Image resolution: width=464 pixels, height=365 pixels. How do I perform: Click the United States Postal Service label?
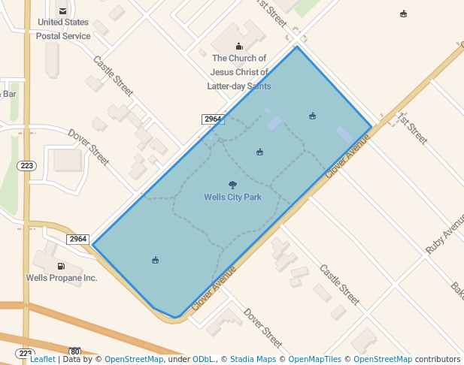coord(63,29)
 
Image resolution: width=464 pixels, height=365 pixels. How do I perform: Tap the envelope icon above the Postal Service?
coord(62,11)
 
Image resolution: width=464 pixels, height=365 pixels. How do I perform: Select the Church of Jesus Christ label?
coord(239,72)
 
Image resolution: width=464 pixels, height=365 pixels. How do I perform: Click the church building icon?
coord(239,46)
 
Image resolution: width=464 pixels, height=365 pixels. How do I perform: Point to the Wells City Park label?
coord(232,198)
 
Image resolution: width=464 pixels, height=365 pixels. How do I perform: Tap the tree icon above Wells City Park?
coord(232,185)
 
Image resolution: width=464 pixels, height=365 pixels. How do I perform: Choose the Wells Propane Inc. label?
coord(62,278)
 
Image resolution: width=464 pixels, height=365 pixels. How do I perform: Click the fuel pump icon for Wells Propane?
coord(60,266)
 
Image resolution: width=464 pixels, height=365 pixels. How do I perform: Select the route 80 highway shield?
coord(74,351)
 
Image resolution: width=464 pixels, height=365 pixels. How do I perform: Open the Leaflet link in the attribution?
coord(43,360)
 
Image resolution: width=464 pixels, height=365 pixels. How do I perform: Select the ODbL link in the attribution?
coord(204,360)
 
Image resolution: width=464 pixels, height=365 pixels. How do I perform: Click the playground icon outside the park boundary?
coord(404,14)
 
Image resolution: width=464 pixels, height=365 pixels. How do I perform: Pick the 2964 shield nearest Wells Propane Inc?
coord(78,240)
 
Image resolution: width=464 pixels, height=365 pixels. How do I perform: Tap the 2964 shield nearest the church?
coord(213,119)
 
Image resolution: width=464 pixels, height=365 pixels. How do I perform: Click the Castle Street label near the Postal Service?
coord(113,74)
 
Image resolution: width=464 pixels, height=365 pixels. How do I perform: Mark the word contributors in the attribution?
coord(436,360)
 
